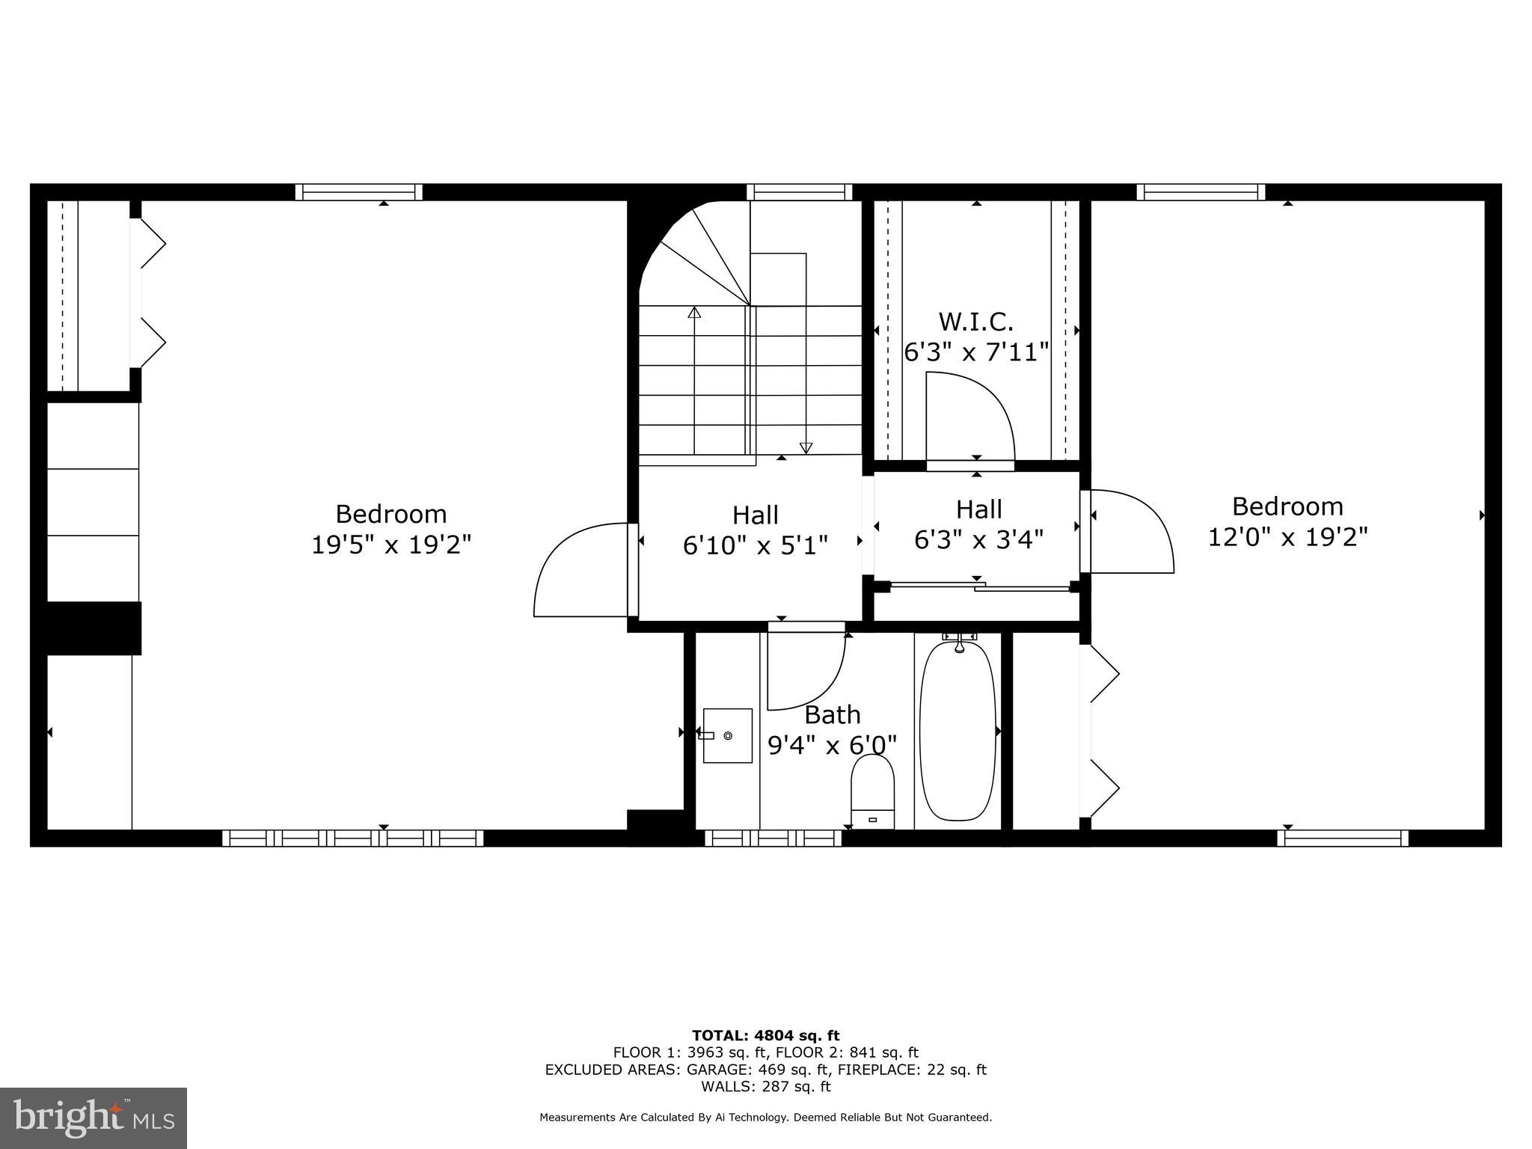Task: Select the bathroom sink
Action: pos(727,735)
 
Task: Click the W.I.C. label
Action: pos(975,322)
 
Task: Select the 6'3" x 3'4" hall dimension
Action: pos(978,539)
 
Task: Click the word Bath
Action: pos(832,715)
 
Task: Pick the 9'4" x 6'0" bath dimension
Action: pos(832,745)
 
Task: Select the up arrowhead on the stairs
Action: pos(694,313)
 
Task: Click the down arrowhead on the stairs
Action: pos(806,448)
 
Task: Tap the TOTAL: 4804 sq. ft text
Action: pos(765,1036)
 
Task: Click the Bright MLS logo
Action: pos(94,1118)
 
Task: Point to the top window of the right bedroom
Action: pos(1201,192)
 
